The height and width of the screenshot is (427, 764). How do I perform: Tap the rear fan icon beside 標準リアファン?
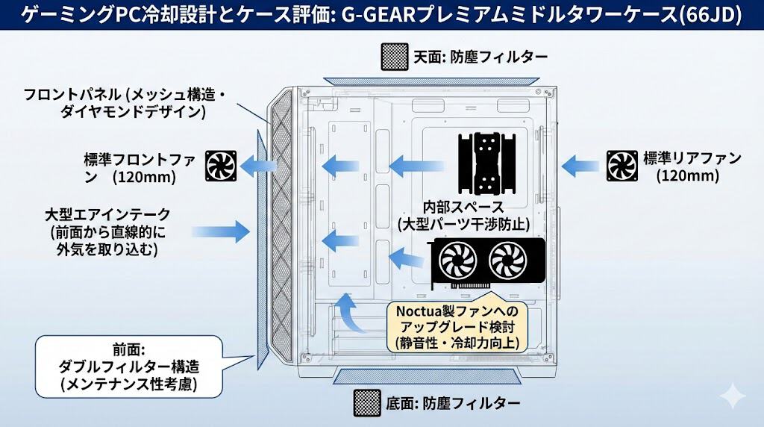[621, 165]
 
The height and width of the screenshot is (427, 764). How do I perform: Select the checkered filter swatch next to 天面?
[393, 56]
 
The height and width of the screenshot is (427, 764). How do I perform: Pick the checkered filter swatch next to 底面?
[368, 403]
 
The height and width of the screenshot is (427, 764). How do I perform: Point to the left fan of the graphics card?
[457, 261]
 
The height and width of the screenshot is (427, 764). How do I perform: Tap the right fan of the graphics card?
[507, 261]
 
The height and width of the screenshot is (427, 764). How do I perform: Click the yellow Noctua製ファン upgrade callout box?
[456, 326]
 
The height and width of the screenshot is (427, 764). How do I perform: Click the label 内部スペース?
[463, 207]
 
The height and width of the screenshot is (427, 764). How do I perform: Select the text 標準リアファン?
[692, 158]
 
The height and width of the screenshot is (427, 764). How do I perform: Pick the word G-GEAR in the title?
[366, 16]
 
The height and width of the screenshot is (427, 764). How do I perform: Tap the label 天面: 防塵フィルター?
[478, 56]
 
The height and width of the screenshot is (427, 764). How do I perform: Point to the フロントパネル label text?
[72, 96]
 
